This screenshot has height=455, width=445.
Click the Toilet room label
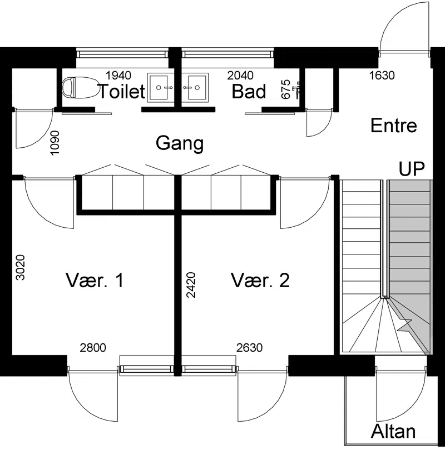(x=122, y=92)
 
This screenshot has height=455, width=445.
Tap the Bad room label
(x=249, y=92)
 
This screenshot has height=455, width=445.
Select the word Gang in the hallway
(x=180, y=143)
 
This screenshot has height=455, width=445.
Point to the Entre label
(x=394, y=126)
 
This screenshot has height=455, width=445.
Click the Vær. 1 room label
(x=95, y=281)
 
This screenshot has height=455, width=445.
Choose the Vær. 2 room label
(x=260, y=281)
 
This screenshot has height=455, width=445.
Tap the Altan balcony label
(x=393, y=431)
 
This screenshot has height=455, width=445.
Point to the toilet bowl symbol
(x=79, y=87)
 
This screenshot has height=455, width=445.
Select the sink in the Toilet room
(x=161, y=88)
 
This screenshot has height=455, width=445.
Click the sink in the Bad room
(x=195, y=88)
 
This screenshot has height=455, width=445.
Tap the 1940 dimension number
(x=118, y=76)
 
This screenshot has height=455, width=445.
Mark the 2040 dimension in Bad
(x=240, y=76)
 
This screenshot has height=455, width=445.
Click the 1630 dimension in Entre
(x=382, y=76)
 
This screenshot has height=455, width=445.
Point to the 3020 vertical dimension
(x=21, y=267)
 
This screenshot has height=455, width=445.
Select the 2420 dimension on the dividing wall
(x=191, y=285)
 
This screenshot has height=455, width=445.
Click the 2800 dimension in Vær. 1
(x=93, y=347)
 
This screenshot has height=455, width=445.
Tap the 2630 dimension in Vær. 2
(x=249, y=347)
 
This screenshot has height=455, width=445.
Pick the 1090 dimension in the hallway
(x=55, y=143)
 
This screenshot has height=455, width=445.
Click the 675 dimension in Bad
(x=286, y=89)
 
